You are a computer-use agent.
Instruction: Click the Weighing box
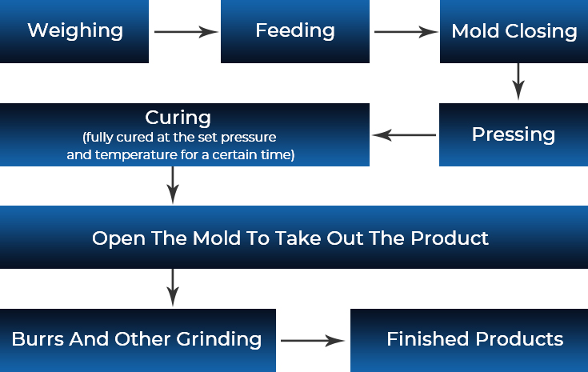[x=74, y=31]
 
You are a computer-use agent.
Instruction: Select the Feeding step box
[x=295, y=31]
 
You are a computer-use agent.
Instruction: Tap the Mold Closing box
[x=514, y=31]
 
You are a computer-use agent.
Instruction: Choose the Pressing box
[x=514, y=134]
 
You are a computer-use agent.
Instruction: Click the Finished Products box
[x=469, y=341]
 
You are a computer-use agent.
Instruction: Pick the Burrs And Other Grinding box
[x=138, y=341]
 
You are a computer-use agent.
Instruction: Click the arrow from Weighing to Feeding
[x=186, y=32]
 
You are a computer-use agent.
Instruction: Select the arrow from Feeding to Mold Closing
[x=406, y=32]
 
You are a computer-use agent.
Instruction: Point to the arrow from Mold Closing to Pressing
[x=518, y=82]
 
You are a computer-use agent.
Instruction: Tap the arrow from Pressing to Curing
[x=404, y=135]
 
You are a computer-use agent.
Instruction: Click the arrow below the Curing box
[x=173, y=186]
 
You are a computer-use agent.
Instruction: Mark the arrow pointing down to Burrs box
[x=173, y=288]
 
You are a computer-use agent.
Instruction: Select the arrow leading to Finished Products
[x=313, y=341]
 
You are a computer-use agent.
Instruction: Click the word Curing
[x=178, y=118]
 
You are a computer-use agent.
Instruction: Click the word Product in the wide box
[x=450, y=238]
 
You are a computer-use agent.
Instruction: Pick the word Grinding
[x=218, y=340]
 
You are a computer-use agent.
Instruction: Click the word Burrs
[x=38, y=339]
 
